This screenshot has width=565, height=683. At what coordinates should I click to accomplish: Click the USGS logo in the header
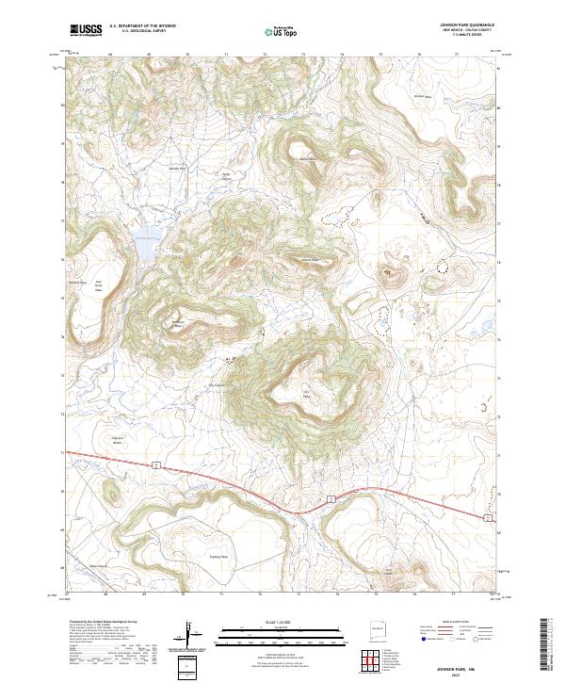point(86,30)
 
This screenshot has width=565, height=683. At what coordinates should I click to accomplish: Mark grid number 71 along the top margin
point(226,56)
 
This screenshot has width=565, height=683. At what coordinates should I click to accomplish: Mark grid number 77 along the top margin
point(457,56)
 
